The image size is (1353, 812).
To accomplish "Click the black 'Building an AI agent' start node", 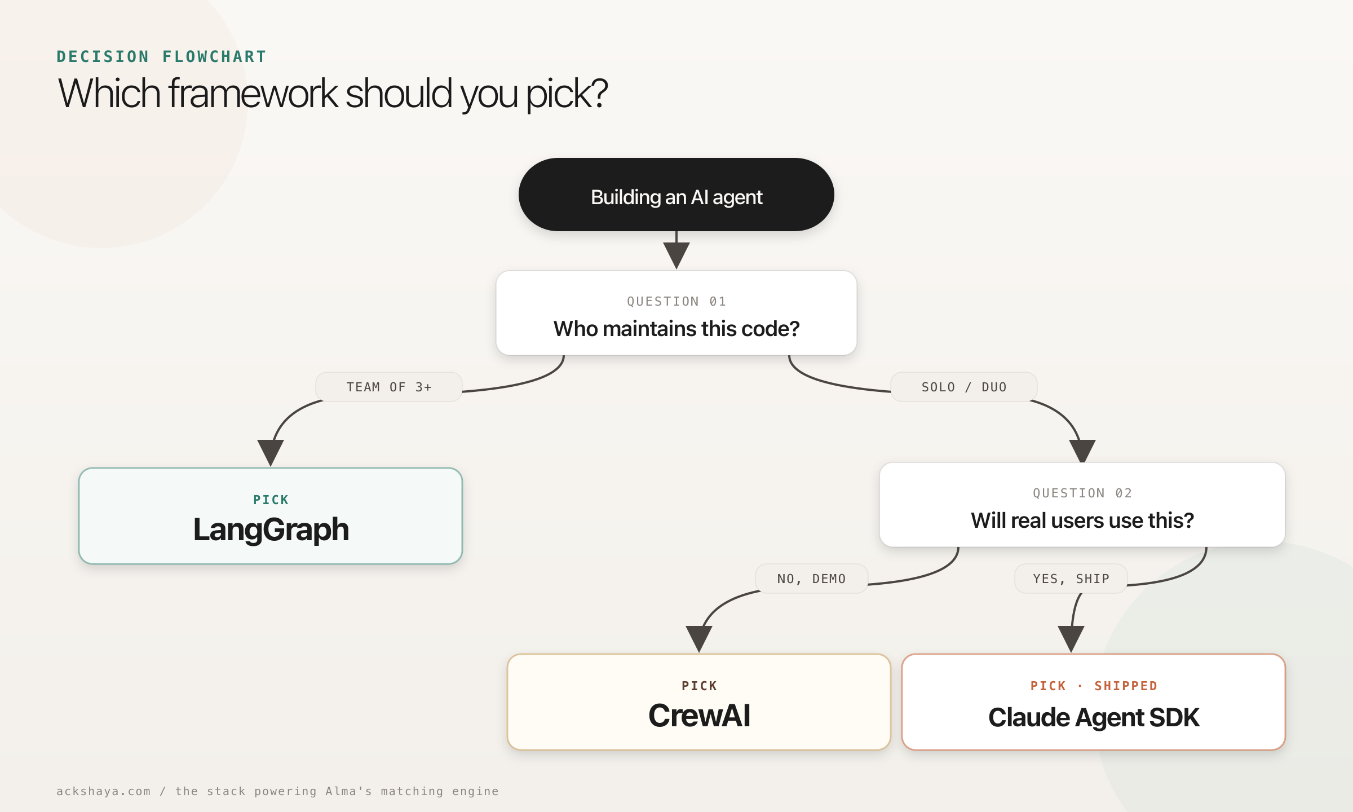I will (676, 195).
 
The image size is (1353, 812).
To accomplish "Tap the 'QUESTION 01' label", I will (676, 302).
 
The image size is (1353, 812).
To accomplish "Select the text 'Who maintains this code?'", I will (676, 329).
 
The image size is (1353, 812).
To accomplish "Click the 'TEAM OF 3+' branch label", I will (389, 387).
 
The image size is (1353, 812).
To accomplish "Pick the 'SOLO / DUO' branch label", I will (963, 387).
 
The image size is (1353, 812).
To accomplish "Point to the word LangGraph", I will (271, 530).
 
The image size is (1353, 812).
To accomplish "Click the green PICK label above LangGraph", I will (271, 500).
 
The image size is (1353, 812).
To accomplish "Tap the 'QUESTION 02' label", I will (1082, 493).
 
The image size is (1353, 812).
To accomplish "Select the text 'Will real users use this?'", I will (1082, 520).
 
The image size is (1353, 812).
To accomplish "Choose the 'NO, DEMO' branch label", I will (811, 579).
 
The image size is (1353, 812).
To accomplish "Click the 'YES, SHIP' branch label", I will (1071, 579).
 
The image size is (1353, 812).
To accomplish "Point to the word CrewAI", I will (699, 716).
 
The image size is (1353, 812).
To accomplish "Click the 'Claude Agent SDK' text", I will (1094, 718).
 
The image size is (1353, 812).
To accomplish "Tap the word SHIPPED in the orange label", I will (1126, 686).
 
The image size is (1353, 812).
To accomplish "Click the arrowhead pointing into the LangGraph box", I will (271, 452).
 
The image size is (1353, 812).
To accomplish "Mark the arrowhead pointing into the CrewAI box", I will (699, 638).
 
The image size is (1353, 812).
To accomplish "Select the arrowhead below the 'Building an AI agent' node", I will (676, 254).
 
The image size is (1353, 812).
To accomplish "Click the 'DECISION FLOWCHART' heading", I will (161, 57).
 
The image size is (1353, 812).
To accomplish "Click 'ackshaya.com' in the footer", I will (104, 791).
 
